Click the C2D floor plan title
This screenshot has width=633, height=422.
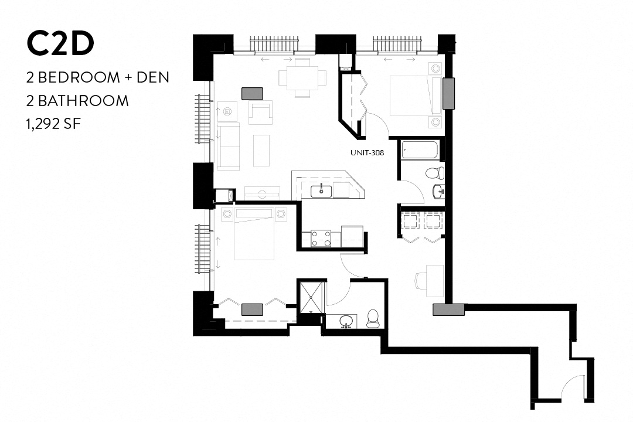coord(60,45)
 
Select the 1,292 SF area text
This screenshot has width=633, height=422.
coord(56,124)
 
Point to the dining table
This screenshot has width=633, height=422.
coord(302,77)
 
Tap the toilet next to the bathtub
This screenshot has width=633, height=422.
coord(434,173)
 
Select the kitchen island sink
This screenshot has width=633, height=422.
coord(322,190)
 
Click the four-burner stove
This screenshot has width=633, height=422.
coord(321,237)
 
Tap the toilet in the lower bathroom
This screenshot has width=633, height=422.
coord(373,318)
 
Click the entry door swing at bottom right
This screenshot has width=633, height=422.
coord(573,387)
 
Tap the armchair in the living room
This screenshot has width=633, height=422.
coord(261,112)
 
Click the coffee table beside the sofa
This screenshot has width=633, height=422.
coord(261,150)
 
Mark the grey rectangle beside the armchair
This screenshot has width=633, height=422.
coord(252,93)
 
